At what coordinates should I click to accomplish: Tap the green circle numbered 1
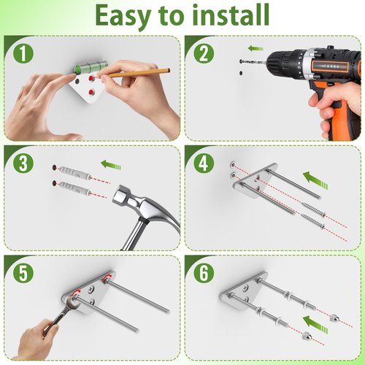pos(23,54)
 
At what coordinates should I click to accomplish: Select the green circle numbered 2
pos(204,54)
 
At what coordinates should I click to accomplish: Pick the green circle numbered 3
pos(23,164)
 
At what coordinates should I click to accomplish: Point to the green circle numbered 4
pos(204,164)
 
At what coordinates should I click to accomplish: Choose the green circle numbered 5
pos(23,273)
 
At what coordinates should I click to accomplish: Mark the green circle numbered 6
pos(204,273)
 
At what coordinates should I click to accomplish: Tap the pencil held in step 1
pos(137,73)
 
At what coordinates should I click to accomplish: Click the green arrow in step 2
pos(255,48)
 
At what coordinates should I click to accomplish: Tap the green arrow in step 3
pos(111,165)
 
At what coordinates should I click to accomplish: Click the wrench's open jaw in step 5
pos(74,301)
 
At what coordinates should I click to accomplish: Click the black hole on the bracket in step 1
pos(77,80)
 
